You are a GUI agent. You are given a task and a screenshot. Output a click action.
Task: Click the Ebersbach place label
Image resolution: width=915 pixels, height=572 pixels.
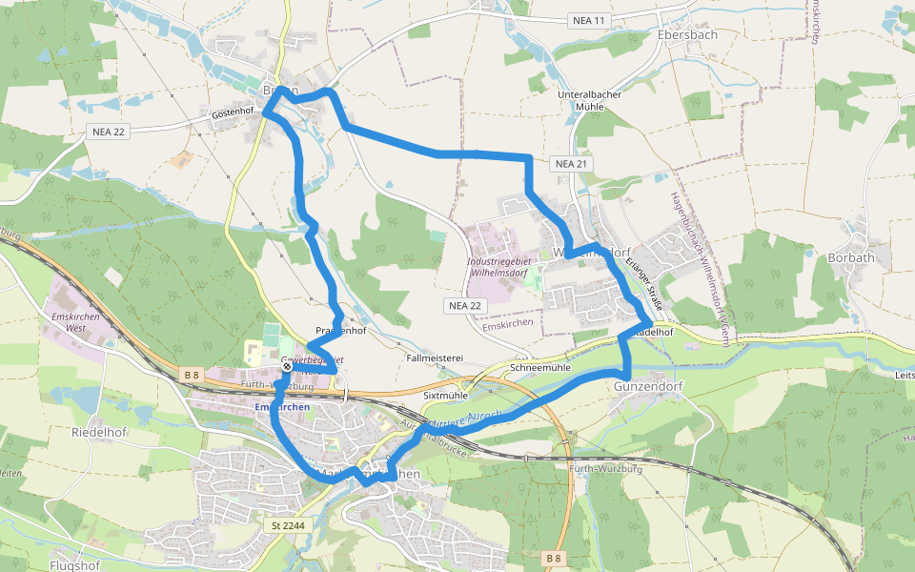click(687, 34)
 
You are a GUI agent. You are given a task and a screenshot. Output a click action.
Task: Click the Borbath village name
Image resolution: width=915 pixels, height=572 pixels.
click(850, 257)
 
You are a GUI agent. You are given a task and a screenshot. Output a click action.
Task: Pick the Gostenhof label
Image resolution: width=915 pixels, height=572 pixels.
click(233, 112)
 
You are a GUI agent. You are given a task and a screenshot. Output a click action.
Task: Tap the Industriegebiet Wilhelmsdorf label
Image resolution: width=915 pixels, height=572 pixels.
click(498, 266)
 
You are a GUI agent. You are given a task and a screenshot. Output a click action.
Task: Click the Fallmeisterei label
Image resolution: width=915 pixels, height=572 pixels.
click(434, 358)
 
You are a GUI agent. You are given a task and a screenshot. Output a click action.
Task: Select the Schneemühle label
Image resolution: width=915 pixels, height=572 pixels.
click(540, 367)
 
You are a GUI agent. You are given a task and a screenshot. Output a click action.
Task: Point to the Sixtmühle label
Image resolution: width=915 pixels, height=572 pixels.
click(445, 394)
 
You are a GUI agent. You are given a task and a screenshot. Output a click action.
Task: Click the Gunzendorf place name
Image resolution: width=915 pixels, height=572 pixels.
click(649, 387)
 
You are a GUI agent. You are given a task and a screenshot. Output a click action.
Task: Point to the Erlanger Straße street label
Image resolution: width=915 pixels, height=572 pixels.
click(644, 280)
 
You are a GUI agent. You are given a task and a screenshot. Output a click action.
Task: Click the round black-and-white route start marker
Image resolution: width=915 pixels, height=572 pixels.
click(287, 366)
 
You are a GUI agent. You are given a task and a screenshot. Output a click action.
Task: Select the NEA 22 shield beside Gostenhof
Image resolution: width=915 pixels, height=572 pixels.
click(109, 132)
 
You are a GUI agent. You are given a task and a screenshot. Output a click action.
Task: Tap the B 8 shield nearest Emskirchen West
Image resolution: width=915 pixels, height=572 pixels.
click(192, 376)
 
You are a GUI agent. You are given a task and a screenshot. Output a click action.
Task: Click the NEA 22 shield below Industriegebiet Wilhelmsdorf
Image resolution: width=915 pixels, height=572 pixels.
click(465, 305)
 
